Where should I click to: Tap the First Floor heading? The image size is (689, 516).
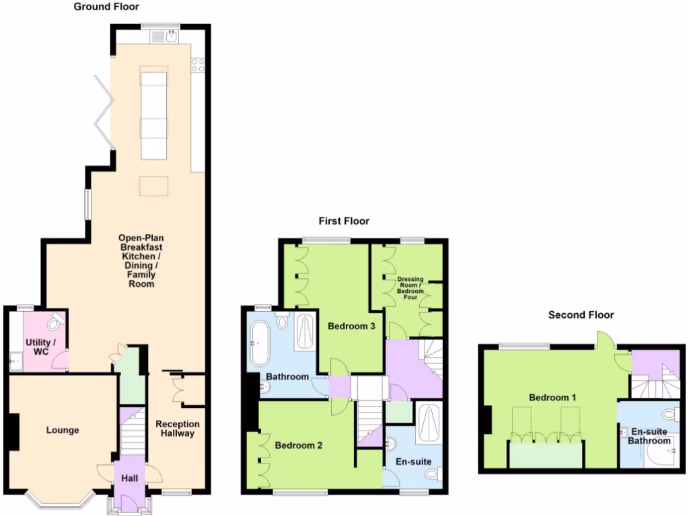click(344, 221)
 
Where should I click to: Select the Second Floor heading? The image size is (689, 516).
click(581, 314)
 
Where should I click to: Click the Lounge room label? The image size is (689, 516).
click(63, 430)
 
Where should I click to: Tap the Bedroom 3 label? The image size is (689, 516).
click(351, 327)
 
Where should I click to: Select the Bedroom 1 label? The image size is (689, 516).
click(552, 397)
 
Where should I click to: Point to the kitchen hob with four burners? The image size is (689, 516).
click(198, 65)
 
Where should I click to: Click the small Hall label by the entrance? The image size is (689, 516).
click(129, 478)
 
